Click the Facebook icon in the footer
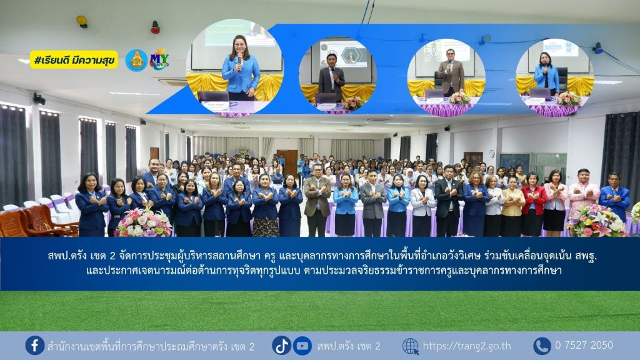pos(35,345)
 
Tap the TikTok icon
pos(282,346)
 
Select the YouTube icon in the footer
pos(302,346)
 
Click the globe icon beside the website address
pos(411,346)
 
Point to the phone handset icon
pos(542,346)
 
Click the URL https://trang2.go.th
pos(466,346)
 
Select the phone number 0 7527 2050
pos(584,345)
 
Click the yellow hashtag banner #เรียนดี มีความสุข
pos(74,60)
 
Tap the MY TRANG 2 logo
pos(159,60)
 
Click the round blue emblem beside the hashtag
pos(136,61)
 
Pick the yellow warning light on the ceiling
pos(82,21)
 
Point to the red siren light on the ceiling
pos(155,27)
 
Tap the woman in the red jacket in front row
pos(532,204)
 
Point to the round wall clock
pos(492,154)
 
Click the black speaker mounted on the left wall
pos(39,99)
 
